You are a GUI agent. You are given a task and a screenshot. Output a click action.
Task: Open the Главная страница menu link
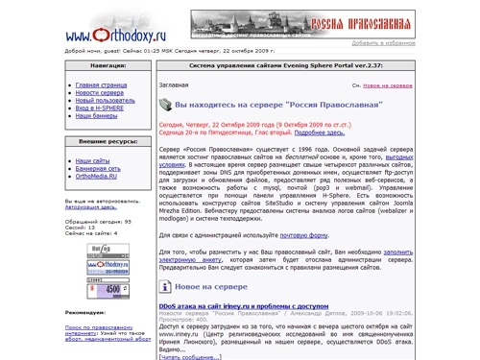tap(102, 84)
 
